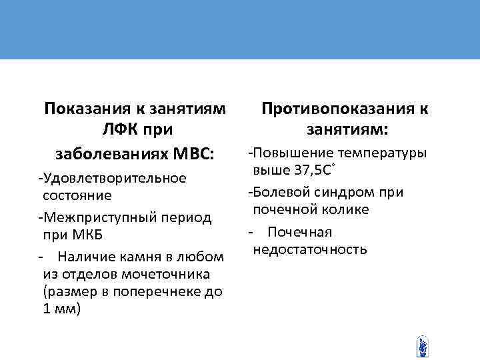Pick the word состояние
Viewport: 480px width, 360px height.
coord(77,195)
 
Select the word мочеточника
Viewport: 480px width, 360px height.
coord(165,274)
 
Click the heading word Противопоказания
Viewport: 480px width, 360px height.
coord(333,108)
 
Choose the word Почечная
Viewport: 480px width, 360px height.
coord(300,232)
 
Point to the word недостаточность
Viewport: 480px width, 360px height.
coord(309,249)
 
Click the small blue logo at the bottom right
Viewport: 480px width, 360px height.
coord(421,346)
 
